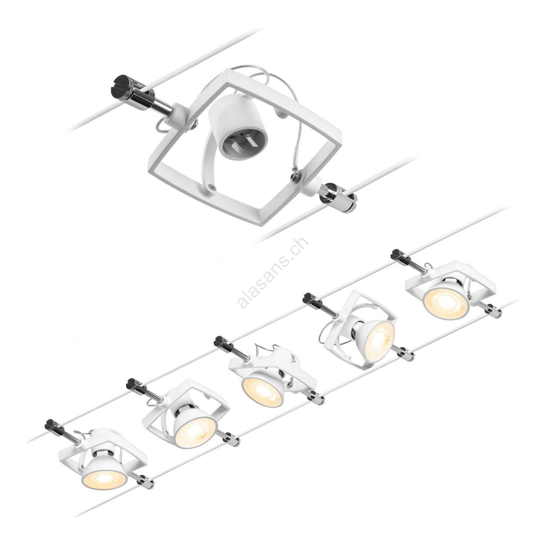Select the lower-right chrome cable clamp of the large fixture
pos(338,198)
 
